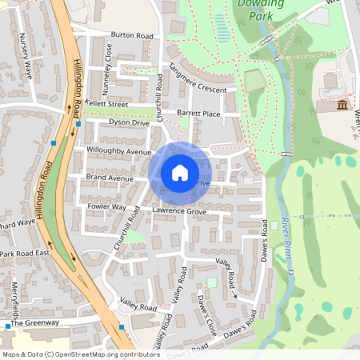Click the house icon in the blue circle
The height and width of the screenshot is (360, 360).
pyautogui.click(x=180, y=173)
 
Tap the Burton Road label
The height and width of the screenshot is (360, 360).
pyautogui.click(x=132, y=36)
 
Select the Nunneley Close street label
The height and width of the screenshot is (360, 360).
pyautogui.click(x=108, y=58)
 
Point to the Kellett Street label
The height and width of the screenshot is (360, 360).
pyautogui.click(x=107, y=104)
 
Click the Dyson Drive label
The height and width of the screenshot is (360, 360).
pyautogui.click(x=130, y=122)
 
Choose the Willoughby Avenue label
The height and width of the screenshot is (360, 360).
pyautogui.click(x=119, y=151)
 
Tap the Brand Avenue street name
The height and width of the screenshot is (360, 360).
pyautogui.click(x=110, y=178)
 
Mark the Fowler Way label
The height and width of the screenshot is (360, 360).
pyautogui.click(x=106, y=206)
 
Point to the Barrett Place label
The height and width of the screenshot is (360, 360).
pyautogui.click(x=198, y=114)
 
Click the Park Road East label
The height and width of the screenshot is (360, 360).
pyautogui.click(x=24, y=254)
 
